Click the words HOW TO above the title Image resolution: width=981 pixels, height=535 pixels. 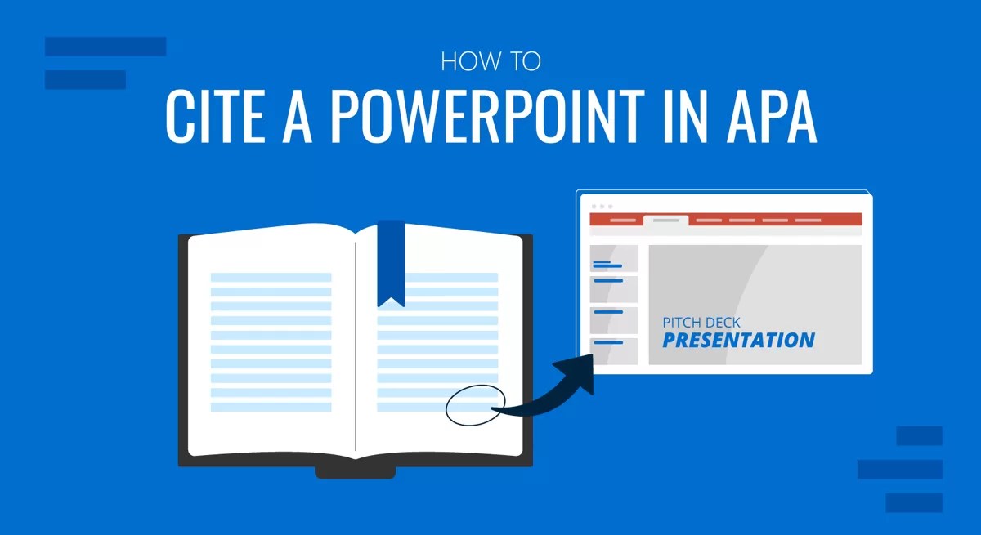[491, 61]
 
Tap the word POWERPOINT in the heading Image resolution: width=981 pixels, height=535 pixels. [487, 116]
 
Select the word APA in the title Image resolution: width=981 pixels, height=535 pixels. [771, 116]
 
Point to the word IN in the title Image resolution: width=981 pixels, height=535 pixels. [685, 116]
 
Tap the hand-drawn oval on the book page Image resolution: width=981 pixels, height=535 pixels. [475, 405]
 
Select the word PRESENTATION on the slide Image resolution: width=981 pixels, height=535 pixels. [738, 341]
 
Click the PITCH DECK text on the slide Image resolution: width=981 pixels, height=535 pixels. [701, 323]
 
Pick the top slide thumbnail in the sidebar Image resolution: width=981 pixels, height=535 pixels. [614, 259]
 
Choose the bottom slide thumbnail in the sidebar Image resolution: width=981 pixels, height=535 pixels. [614, 351]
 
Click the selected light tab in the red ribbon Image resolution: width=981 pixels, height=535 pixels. [665, 221]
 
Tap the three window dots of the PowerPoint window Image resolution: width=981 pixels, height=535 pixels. [602, 207]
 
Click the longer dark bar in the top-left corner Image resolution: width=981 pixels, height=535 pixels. [105, 47]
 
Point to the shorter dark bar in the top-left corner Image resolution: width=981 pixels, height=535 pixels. [85, 79]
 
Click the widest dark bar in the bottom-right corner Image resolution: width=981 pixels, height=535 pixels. [900, 470]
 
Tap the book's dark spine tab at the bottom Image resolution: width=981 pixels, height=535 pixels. [356, 472]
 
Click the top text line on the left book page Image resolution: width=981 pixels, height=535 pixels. [271, 278]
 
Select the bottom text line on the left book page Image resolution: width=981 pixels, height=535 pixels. [271, 408]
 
